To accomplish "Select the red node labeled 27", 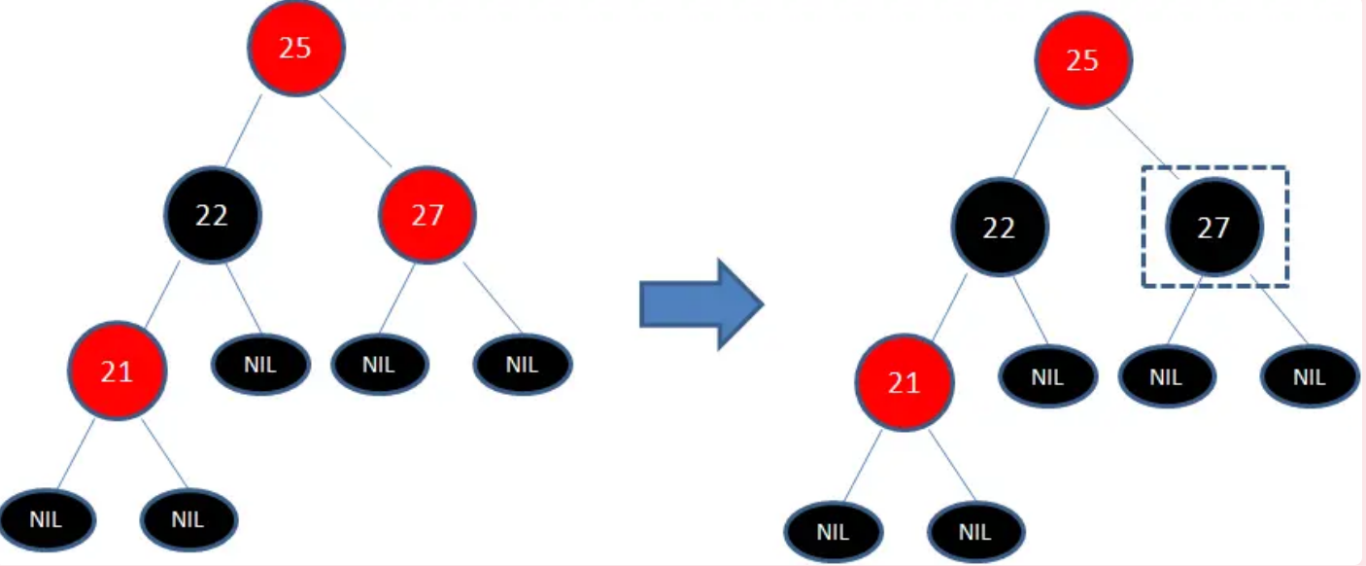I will [427, 214].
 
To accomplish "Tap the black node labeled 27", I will [1214, 228].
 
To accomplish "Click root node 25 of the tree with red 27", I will [295, 48].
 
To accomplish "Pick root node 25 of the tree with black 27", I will [1082, 61].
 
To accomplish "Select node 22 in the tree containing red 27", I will [212, 214].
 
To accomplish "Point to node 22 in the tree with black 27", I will [999, 228].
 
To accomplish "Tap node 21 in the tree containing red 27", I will [117, 371].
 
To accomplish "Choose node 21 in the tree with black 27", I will [904, 383].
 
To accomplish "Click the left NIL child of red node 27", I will [379, 365].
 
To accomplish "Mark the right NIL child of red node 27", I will [522, 365].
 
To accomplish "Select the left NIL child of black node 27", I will [1166, 377].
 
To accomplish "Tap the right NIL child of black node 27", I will [1310, 377].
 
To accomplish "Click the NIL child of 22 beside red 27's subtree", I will [260, 365].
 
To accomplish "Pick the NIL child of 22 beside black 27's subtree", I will [1048, 377].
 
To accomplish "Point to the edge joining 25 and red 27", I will [357, 131].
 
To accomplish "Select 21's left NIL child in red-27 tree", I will [46, 518].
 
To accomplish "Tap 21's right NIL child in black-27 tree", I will [974, 532].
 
